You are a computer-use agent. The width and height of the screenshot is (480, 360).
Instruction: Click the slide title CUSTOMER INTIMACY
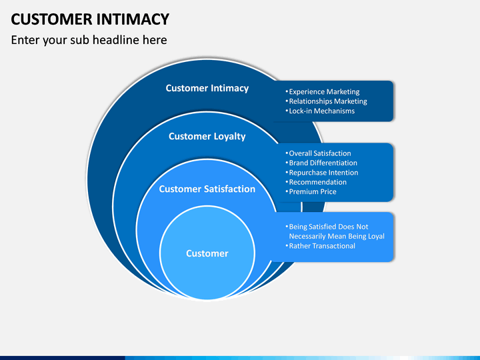click(x=90, y=19)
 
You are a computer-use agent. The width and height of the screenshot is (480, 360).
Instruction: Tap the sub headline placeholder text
click(x=89, y=40)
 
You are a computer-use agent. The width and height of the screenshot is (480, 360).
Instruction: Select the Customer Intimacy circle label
click(x=207, y=88)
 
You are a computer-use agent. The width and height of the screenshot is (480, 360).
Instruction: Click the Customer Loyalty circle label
click(x=207, y=136)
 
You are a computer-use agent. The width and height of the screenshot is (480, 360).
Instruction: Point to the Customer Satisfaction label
click(x=207, y=189)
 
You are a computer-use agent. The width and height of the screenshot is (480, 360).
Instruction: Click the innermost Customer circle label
click(x=207, y=253)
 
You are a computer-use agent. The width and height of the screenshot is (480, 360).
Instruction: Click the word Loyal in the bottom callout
click(x=376, y=236)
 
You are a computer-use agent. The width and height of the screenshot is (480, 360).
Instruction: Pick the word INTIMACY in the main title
click(x=133, y=19)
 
